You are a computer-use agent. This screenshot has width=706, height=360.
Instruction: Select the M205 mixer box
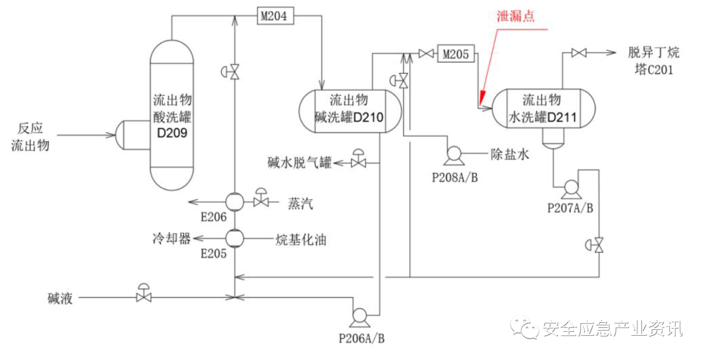click(x=456, y=54)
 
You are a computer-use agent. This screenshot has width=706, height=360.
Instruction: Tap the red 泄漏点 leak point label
click(x=515, y=16)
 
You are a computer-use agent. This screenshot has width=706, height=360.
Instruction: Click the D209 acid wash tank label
click(x=172, y=116)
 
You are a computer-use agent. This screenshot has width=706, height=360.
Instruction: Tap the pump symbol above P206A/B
click(x=360, y=316)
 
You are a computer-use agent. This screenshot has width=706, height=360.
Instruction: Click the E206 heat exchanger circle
click(x=234, y=201)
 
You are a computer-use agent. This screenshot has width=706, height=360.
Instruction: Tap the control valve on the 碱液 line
click(x=143, y=296)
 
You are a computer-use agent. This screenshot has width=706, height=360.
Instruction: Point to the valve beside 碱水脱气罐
click(x=358, y=161)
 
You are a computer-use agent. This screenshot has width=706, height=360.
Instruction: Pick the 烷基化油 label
click(x=301, y=240)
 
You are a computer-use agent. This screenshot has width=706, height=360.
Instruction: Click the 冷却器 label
click(x=167, y=238)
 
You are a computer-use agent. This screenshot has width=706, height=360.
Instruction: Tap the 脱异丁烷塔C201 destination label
click(x=650, y=61)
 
